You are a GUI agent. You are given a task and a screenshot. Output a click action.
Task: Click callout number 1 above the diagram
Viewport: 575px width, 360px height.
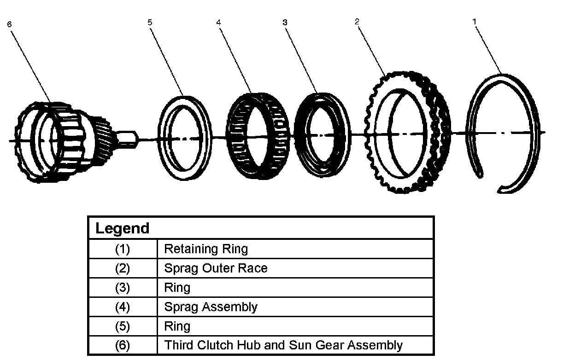[475, 21]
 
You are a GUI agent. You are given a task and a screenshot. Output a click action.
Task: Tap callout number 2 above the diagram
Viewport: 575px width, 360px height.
[357, 22]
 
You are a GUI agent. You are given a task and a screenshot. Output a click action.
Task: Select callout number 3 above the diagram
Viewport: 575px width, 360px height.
[285, 22]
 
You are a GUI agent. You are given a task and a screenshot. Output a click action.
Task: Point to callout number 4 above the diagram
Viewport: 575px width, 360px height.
[218, 22]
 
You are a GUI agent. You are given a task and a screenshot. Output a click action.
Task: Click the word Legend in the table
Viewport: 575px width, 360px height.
[123, 228]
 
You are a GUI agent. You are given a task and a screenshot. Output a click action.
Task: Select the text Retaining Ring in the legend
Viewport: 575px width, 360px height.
[206, 249]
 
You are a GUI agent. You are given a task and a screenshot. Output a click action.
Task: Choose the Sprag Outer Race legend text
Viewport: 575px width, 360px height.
[216, 268]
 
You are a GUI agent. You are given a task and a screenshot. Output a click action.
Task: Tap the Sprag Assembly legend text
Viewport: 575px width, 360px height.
[211, 307]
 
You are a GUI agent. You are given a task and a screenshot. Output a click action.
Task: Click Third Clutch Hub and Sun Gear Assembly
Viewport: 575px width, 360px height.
[283, 345]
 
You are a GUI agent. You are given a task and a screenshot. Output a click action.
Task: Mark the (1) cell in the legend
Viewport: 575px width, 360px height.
[123, 249]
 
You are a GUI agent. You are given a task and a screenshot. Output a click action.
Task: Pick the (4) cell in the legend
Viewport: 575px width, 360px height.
[123, 307]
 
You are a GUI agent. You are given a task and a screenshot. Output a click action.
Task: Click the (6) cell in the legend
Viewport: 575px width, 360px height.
[123, 345]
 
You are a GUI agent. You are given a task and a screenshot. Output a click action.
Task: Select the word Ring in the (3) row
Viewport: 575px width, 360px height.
[177, 288]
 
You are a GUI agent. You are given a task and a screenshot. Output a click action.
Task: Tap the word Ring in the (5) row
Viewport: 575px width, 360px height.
[177, 326]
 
